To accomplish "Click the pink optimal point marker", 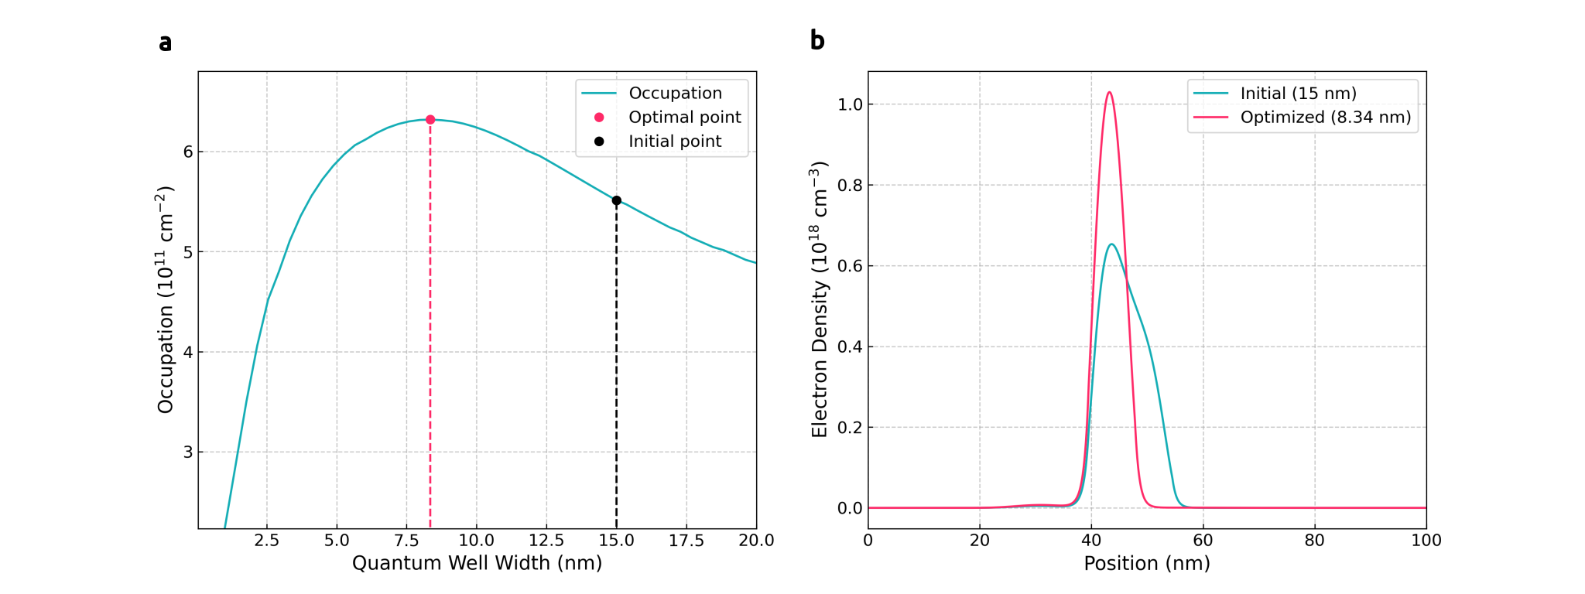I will click(430, 120).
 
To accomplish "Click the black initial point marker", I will click(617, 200).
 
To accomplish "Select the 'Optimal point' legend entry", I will click(684, 118).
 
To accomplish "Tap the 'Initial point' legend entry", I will click(674, 142).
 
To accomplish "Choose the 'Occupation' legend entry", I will click(675, 94).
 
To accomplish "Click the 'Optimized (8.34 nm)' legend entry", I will click(1325, 118).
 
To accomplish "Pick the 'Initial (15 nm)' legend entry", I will click(1298, 94).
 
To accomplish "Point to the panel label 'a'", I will click(165, 43).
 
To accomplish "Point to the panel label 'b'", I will click(817, 40).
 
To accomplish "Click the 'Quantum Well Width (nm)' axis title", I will click(477, 563).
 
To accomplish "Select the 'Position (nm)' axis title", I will click(1146, 563).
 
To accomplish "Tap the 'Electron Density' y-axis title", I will click(820, 299).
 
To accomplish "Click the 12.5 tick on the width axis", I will click(546, 541).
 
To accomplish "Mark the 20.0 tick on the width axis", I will click(756, 541).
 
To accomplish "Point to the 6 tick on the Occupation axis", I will click(188, 152).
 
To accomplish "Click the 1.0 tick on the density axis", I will click(850, 104).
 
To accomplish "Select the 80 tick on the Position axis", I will click(1314, 541).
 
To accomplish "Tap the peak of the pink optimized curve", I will click(1109, 92).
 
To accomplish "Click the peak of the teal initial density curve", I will click(1111, 244).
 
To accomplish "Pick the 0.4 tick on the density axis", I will click(850, 346).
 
